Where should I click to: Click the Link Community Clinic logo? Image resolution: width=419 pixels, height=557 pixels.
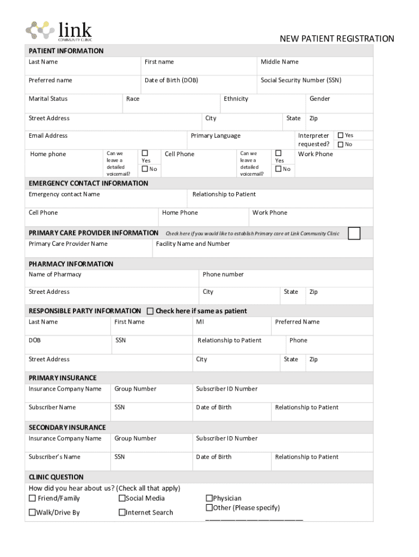pyautogui.click(x=59, y=30)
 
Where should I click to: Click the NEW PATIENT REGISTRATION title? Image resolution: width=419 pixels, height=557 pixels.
pyautogui.click(x=337, y=39)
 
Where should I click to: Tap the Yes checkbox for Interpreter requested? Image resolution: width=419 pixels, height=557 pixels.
pyautogui.click(x=341, y=135)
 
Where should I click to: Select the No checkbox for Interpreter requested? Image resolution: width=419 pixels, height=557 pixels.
pyautogui.click(x=341, y=144)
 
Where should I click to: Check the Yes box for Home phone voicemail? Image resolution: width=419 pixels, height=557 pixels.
pyautogui.click(x=145, y=153)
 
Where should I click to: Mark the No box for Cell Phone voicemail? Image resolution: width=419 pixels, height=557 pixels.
pyautogui.click(x=278, y=169)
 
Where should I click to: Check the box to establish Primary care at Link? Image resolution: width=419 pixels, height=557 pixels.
pyautogui.click(x=354, y=233)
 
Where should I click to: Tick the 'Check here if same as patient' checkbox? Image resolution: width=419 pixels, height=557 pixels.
pyautogui.click(x=150, y=311)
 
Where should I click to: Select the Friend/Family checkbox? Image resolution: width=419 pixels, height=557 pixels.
pyautogui.click(x=33, y=498)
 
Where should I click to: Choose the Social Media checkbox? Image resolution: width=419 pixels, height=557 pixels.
pyautogui.click(x=122, y=498)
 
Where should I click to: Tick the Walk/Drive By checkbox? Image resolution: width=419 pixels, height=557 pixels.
pyautogui.click(x=33, y=512)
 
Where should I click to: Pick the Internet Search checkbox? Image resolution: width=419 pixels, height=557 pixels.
pyautogui.click(x=122, y=512)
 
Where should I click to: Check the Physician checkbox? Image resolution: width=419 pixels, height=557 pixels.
pyautogui.click(x=209, y=498)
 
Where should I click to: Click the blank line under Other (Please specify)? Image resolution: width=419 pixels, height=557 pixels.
pyautogui.click(x=254, y=519)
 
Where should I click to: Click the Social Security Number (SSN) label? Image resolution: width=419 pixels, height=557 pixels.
pyautogui.click(x=301, y=81)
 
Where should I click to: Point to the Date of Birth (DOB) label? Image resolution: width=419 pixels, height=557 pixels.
pyautogui.click(x=171, y=81)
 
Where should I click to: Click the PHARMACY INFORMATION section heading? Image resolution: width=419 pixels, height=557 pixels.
pyautogui.click(x=71, y=264)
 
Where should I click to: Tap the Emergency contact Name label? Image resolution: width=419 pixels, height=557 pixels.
pyautogui.click(x=64, y=194)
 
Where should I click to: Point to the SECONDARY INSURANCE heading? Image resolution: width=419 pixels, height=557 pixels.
pyautogui.click(x=67, y=428)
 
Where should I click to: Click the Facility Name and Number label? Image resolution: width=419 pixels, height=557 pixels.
pyautogui.click(x=193, y=244)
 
